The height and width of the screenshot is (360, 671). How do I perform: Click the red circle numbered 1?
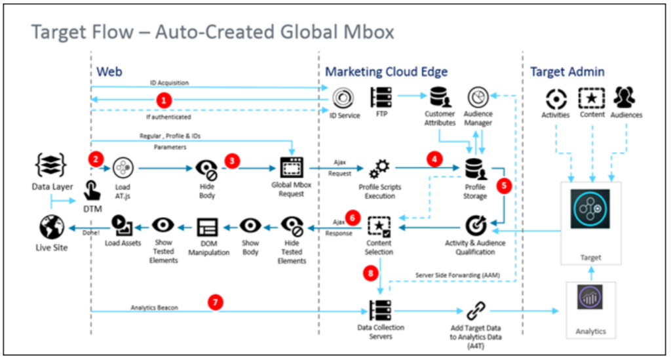(166, 100)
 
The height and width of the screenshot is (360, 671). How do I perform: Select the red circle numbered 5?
(504, 186)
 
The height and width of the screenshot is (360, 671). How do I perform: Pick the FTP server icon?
(381, 98)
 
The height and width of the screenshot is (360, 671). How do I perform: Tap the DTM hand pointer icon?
(92, 190)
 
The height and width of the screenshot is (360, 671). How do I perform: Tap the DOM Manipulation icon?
(207, 227)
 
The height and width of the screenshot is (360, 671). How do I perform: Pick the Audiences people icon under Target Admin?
(627, 98)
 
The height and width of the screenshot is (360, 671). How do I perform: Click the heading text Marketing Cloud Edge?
(386, 71)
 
